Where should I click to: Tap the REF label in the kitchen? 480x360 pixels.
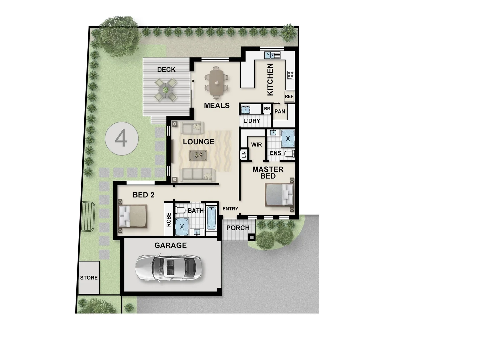coord(289,96)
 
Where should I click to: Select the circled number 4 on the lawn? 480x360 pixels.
coord(121,138)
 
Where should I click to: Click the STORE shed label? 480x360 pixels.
coord(89,278)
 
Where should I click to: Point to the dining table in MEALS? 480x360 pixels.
coord(217,82)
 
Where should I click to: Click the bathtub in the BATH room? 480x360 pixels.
coord(211,218)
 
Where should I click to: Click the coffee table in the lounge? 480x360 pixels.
coord(198,155)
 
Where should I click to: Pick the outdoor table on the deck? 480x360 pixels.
coord(166,89)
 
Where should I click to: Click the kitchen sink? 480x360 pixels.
coord(272,55)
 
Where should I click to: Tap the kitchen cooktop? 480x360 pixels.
coord(290,74)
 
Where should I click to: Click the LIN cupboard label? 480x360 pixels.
coord(244,155)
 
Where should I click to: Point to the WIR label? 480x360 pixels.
coord(256,145)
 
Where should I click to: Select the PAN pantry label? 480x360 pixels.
coord(280,111)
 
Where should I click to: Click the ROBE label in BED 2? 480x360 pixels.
coord(169,220)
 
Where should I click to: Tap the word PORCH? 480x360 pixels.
coord(238,228)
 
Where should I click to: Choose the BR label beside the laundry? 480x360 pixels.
coord(267,109)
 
